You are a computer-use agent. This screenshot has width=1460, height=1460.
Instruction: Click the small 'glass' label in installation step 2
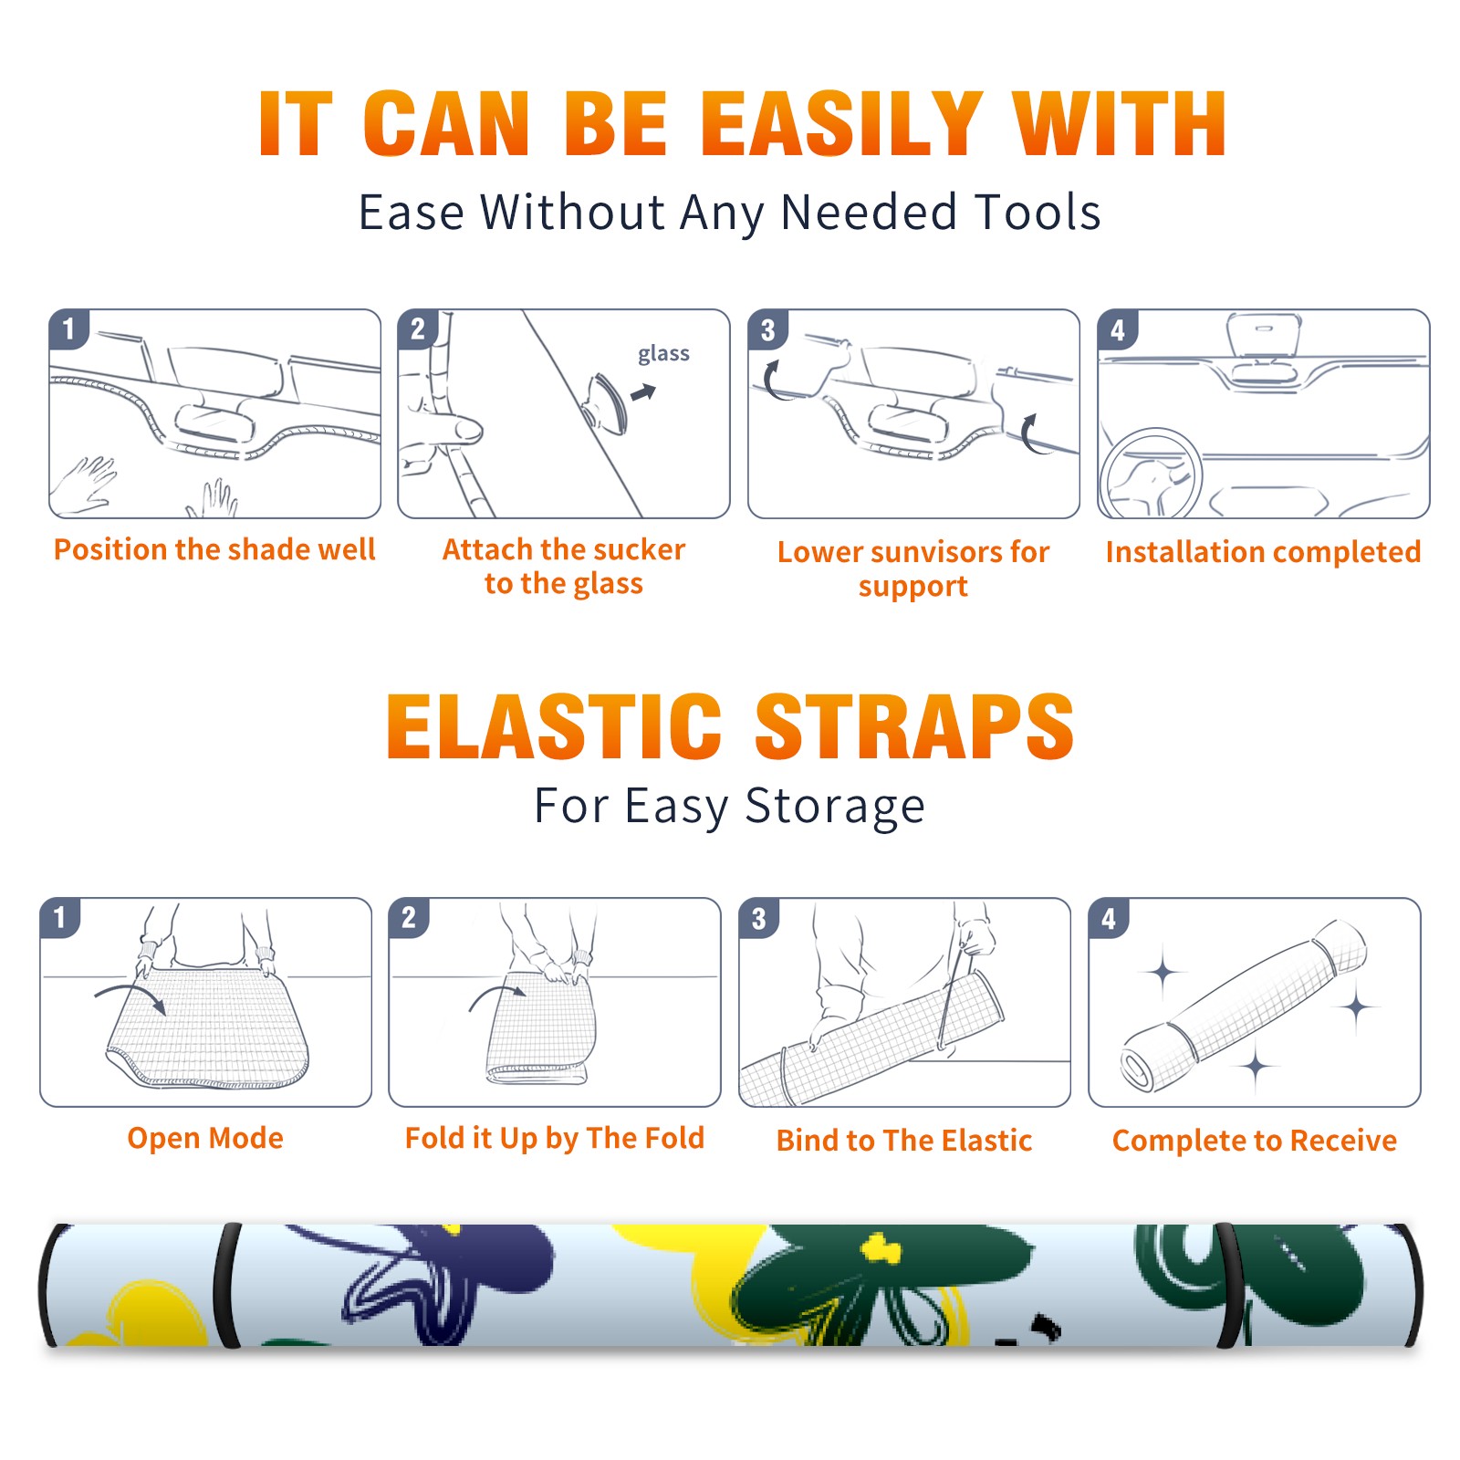pyautogui.click(x=663, y=353)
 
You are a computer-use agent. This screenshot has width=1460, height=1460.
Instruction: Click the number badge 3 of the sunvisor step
pyautogui.click(x=767, y=329)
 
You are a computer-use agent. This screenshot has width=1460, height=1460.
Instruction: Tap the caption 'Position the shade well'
pyautogui.click(x=214, y=549)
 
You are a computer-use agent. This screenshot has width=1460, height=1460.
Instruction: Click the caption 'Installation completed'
pyautogui.click(x=1263, y=551)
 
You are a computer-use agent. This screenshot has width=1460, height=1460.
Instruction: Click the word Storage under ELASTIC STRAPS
pyautogui.click(x=835, y=807)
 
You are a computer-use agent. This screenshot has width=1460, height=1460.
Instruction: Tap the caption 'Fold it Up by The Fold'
pyautogui.click(x=555, y=1138)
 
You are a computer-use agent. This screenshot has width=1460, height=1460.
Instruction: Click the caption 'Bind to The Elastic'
pyautogui.click(x=904, y=1140)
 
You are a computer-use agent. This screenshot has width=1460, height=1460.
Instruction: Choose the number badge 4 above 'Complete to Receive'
pyautogui.click(x=1109, y=918)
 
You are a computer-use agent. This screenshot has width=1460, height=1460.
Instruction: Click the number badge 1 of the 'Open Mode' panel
pyautogui.click(x=60, y=917)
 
